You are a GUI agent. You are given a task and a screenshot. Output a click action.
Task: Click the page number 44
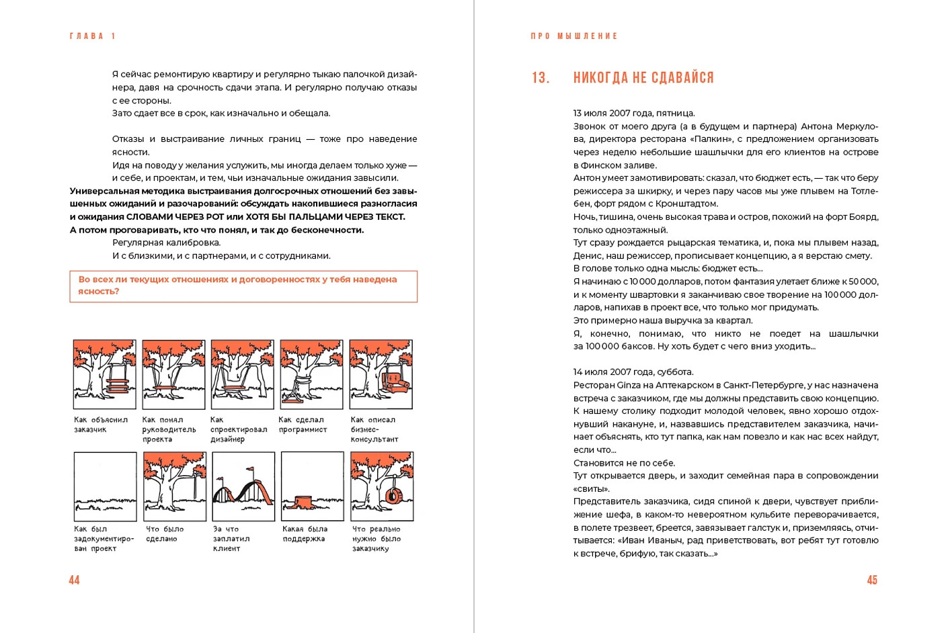[x=74, y=580]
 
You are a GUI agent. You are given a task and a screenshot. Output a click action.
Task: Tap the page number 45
[x=872, y=580]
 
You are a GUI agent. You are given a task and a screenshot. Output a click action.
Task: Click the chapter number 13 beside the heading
[x=540, y=78]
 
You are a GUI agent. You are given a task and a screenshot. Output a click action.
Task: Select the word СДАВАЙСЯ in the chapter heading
[x=682, y=78]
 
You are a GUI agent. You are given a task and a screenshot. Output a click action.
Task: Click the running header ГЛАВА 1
[x=92, y=36]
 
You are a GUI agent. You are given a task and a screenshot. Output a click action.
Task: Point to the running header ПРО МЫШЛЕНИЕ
[x=574, y=36]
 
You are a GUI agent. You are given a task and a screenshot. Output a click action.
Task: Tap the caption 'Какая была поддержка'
[x=305, y=534]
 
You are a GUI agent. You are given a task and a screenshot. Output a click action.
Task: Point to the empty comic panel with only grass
[x=105, y=486]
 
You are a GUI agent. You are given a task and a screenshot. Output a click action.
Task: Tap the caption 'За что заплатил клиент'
[x=231, y=539]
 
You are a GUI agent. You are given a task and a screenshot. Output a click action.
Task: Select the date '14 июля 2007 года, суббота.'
[x=633, y=372]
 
